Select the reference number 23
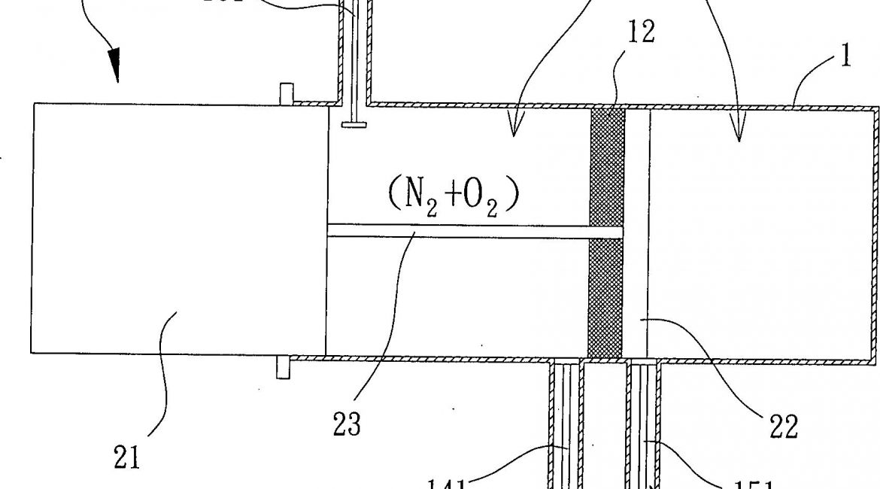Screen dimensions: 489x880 coord(346,424)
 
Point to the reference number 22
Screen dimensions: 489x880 coord(782,427)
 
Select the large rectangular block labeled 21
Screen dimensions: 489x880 coord(179,228)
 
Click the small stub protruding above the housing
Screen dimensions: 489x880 coord(285,93)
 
